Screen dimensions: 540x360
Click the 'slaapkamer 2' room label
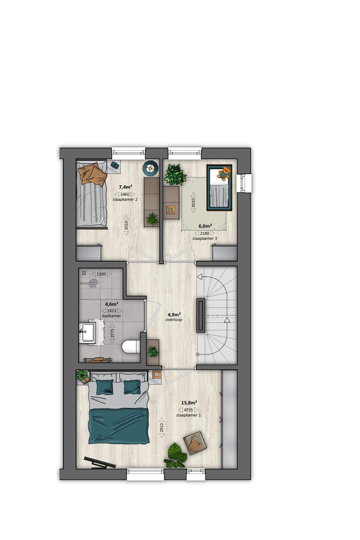coord(125,199)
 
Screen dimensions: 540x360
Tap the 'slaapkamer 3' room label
coord(205,239)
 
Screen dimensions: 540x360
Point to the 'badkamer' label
coord(112,316)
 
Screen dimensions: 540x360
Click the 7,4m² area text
coord(125,187)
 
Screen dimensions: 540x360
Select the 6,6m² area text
coord(205,226)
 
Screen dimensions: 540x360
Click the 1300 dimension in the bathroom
coord(101,274)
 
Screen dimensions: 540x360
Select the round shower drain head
coord(93,283)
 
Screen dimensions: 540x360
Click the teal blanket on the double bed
coord(118,425)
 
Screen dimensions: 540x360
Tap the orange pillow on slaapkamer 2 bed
coord(93,174)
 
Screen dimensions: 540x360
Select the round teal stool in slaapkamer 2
coord(149,168)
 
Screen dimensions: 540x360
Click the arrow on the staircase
coord(226,320)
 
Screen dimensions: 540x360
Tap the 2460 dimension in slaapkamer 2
coord(125,194)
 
